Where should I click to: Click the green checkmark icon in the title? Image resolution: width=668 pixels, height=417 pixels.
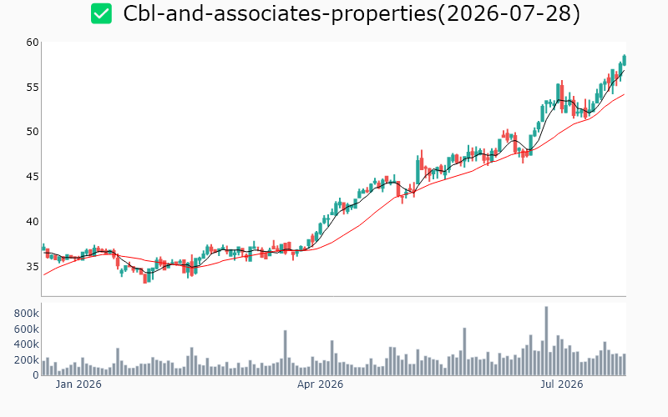[x=101, y=13]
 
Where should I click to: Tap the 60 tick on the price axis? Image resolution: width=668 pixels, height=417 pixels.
[x=33, y=43]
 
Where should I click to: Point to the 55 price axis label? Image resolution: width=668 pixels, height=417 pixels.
[x=33, y=88]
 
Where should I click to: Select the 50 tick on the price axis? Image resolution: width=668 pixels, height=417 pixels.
[x=33, y=132]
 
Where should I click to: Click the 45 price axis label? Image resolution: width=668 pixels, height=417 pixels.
[x=33, y=176]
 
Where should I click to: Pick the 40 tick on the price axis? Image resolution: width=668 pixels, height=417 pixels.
[x=33, y=221]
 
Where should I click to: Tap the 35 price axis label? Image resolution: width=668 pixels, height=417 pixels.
[x=33, y=266]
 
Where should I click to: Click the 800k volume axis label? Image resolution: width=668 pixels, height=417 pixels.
[x=27, y=314]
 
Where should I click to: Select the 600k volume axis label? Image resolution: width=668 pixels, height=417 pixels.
[x=27, y=329]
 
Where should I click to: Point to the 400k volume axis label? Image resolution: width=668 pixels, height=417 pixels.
[x=27, y=344]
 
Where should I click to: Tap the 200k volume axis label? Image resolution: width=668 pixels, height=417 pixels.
[x=27, y=360]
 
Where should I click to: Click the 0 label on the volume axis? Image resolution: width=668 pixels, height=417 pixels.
[x=36, y=375]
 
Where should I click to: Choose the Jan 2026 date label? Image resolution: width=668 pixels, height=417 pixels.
[x=78, y=384]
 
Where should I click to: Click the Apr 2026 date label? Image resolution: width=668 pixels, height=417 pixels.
[x=320, y=384]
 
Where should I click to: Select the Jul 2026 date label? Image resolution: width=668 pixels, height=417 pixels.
[x=561, y=384]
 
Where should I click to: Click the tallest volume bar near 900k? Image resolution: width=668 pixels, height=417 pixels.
[x=547, y=341]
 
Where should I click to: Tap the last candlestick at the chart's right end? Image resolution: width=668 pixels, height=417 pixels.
[x=625, y=60]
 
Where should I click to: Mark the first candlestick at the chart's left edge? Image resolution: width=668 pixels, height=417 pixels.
[x=43, y=247]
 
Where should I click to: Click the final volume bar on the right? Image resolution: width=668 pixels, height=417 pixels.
[x=625, y=364]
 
